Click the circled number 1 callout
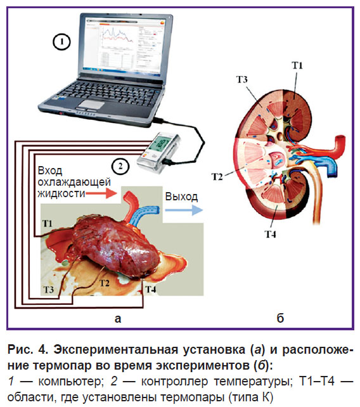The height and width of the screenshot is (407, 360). [x=61, y=42]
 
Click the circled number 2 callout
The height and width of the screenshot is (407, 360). [x=120, y=166]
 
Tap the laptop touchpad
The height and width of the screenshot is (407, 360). [x=92, y=105]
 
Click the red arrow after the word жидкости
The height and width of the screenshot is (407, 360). [x=101, y=193]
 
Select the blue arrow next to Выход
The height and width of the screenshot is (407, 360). [x=184, y=210]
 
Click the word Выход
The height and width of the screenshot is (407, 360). [x=181, y=197]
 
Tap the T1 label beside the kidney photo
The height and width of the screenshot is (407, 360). [x=48, y=224]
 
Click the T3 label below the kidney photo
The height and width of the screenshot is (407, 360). [x=49, y=289]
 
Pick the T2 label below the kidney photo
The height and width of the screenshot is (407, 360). [x=104, y=283]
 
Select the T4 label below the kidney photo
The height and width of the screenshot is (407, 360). [x=151, y=289]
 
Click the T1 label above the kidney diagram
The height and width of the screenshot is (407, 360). [x=297, y=65]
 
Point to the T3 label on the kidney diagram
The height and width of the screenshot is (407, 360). [x=242, y=79]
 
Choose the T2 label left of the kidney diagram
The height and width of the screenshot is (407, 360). [x=217, y=177]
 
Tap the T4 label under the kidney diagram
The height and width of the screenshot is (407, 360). [x=270, y=235]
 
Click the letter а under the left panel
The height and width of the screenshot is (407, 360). [x=118, y=319]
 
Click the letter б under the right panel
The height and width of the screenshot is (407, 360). [x=280, y=318]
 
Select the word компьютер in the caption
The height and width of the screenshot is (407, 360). [x=69, y=382]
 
